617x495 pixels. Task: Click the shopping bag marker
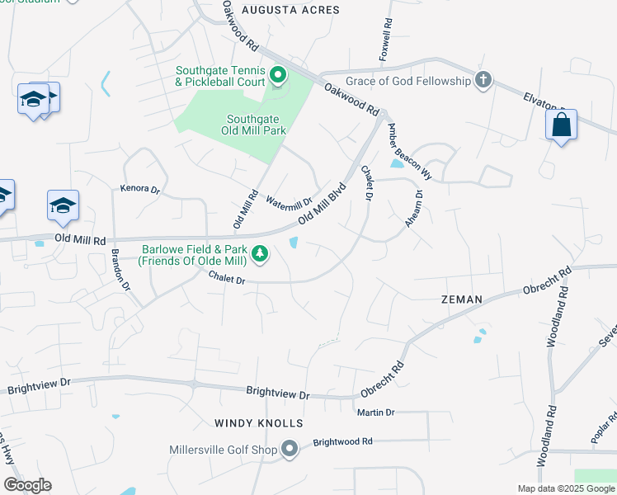(x=561, y=125)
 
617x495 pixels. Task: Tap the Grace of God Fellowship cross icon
(x=484, y=81)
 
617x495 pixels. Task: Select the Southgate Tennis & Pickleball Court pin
(x=278, y=76)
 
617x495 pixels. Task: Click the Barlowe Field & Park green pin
(x=260, y=253)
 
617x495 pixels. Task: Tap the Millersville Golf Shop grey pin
(x=290, y=449)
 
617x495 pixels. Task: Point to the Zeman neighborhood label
(x=462, y=299)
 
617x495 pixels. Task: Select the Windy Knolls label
(x=259, y=422)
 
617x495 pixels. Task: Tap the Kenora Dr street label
(x=139, y=188)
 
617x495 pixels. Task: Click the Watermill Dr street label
(x=289, y=200)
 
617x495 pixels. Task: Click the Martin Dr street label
(x=376, y=412)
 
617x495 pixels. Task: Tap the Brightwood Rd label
(x=343, y=441)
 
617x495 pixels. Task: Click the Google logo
(x=28, y=485)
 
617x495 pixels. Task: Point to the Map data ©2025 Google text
(x=565, y=488)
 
